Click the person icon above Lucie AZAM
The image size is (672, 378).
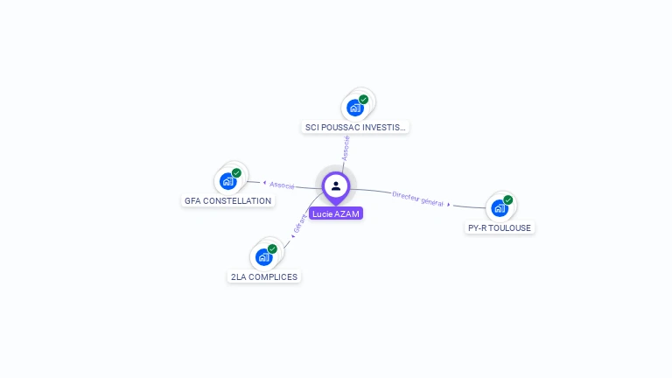click(x=336, y=185)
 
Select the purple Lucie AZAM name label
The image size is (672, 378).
click(x=336, y=213)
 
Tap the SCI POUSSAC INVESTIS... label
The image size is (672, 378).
click(x=355, y=127)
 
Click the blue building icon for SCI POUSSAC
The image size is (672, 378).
click(x=354, y=108)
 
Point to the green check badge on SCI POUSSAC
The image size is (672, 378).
click(x=364, y=99)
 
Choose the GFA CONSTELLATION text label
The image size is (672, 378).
click(x=228, y=200)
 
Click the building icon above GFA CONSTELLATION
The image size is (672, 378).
click(x=228, y=181)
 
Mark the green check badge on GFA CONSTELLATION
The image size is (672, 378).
click(x=237, y=172)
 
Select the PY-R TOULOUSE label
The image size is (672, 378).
click(x=500, y=227)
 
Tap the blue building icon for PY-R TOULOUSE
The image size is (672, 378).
click(x=499, y=208)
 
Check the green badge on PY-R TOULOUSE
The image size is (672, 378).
click(x=508, y=199)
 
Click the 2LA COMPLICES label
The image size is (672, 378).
click(x=263, y=276)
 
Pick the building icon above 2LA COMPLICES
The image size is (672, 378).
click(x=263, y=257)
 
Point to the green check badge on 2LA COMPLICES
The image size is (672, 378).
click(x=273, y=248)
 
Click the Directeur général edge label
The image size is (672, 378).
click(x=417, y=198)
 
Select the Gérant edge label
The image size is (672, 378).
click(x=300, y=224)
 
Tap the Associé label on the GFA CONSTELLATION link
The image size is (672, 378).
click(x=282, y=185)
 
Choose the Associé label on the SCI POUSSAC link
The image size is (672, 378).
click(x=346, y=148)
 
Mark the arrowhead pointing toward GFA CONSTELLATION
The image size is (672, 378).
click(x=264, y=183)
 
